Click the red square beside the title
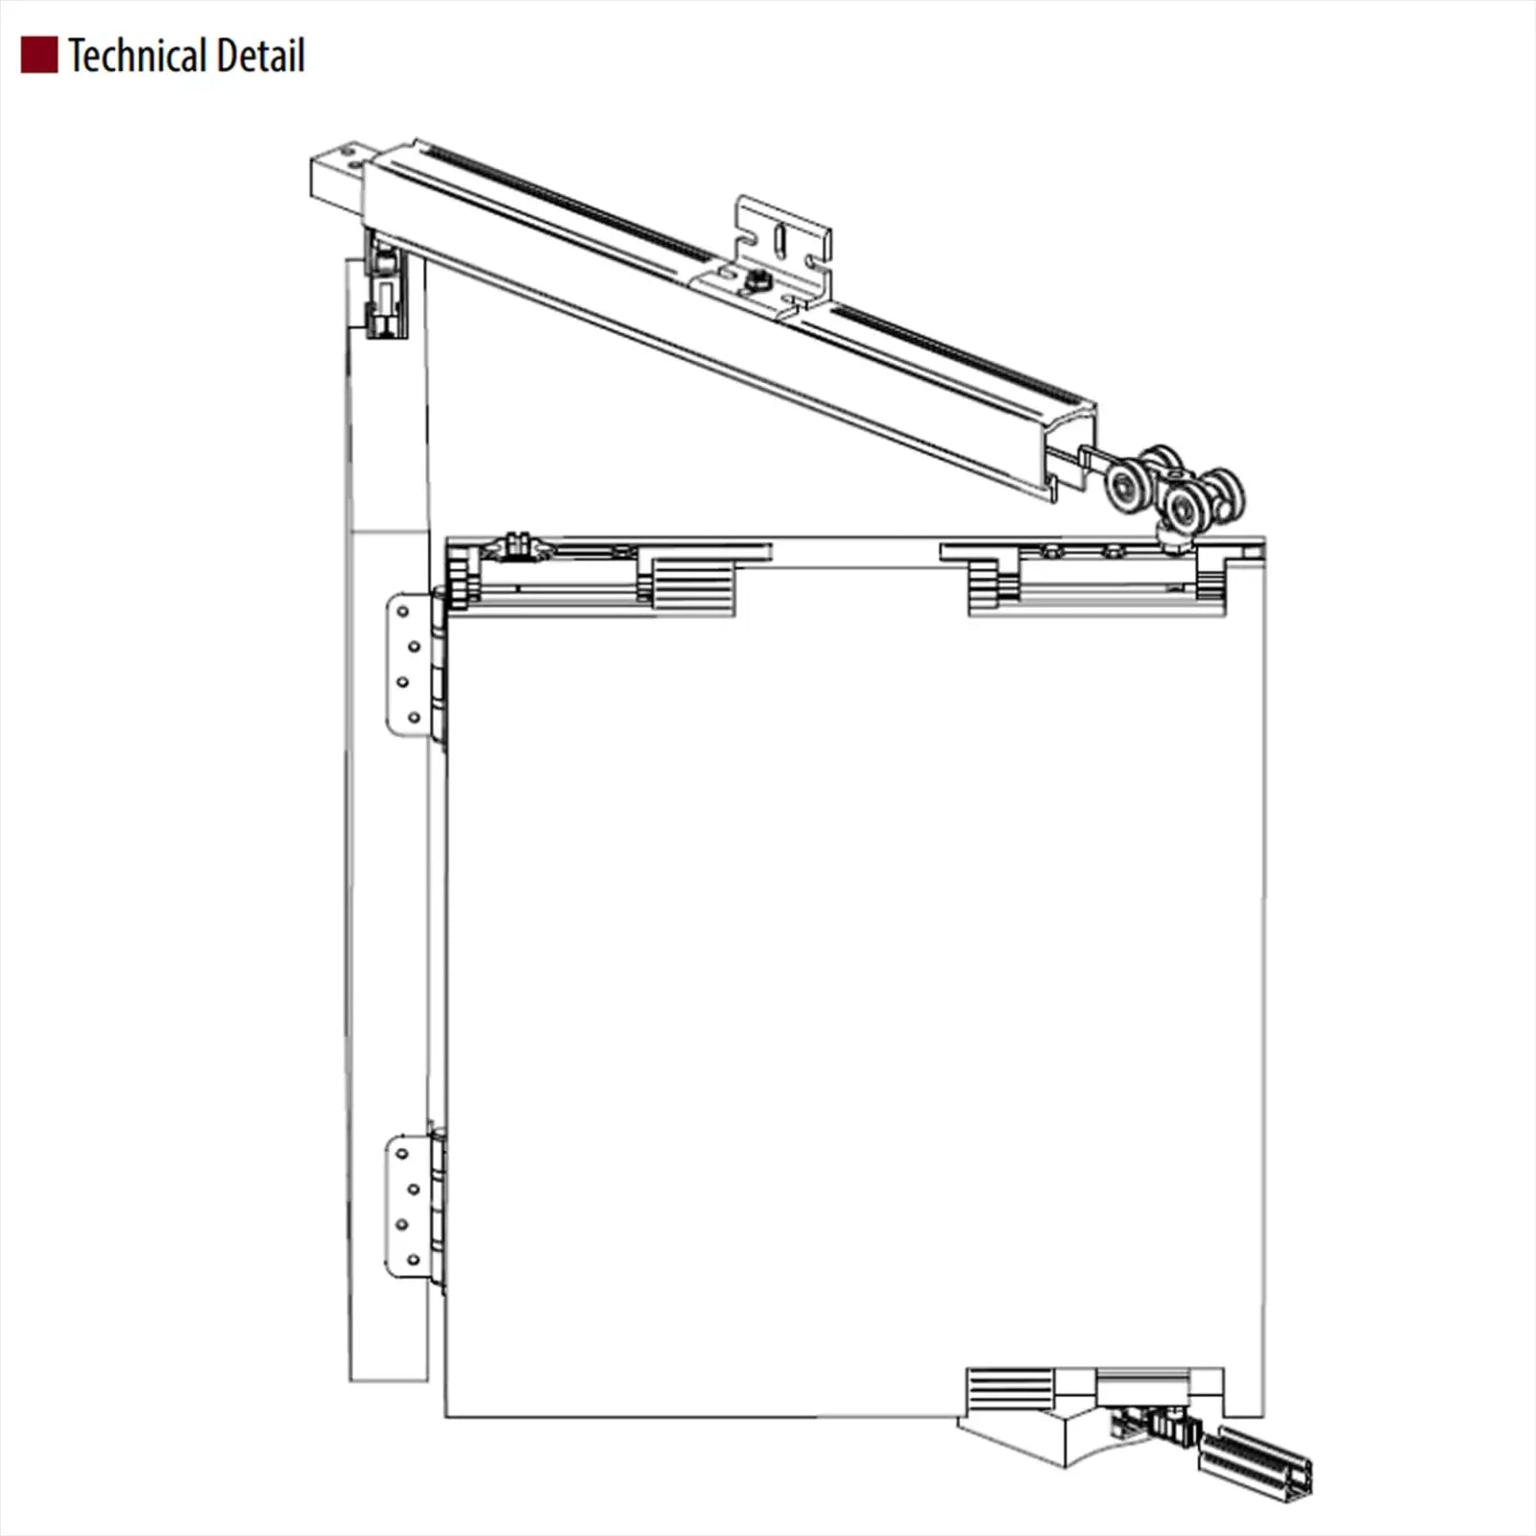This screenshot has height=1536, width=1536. tap(39, 56)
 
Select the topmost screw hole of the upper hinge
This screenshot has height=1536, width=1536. tap(402, 612)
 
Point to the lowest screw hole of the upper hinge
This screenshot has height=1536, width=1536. tap(415, 717)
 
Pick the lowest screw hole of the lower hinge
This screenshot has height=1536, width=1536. tap(414, 1260)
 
